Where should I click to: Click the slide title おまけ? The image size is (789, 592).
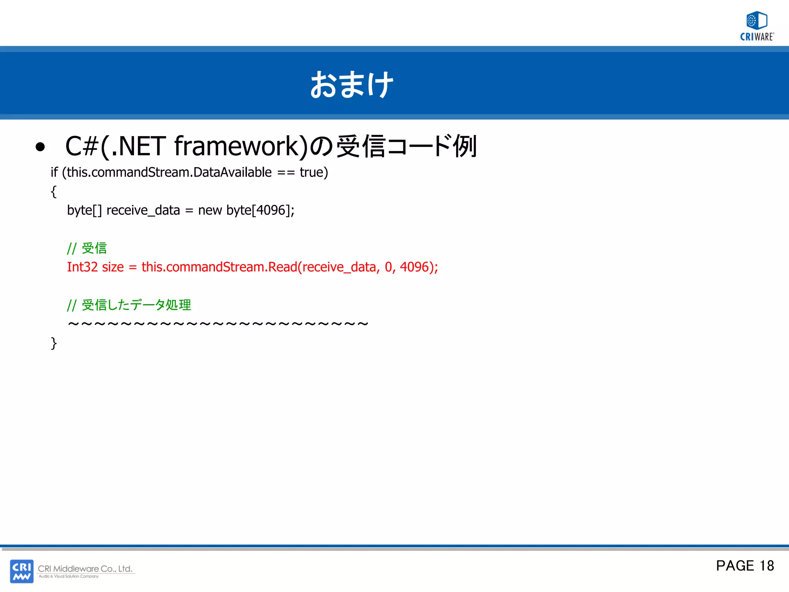click(x=352, y=84)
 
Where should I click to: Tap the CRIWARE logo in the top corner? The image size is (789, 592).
click(x=757, y=26)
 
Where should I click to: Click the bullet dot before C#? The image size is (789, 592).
click(x=40, y=147)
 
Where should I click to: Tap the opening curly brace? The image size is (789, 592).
click(x=54, y=192)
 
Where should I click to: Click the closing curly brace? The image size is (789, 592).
click(x=54, y=343)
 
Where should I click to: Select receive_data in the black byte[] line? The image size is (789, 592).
click(x=143, y=210)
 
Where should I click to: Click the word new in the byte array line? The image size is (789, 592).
click(x=210, y=210)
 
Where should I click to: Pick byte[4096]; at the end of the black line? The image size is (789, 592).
click(x=260, y=210)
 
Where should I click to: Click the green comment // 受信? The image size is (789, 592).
click(x=87, y=248)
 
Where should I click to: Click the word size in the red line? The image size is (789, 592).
click(x=113, y=267)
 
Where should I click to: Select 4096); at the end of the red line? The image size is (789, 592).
click(x=419, y=267)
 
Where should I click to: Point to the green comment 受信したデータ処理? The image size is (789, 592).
click(x=136, y=305)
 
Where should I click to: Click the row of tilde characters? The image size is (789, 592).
click(x=218, y=324)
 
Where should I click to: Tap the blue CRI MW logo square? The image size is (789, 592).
click(x=22, y=571)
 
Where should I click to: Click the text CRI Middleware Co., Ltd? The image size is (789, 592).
click(x=85, y=568)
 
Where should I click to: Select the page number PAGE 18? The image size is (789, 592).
click(x=744, y=566)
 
